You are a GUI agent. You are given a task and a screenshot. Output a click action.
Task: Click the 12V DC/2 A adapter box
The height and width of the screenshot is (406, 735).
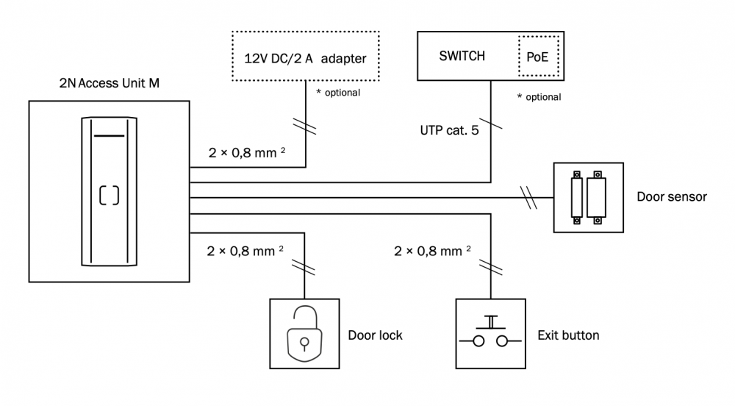(305, 57)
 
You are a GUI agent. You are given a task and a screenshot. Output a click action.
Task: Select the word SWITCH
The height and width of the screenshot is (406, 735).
(462, 56)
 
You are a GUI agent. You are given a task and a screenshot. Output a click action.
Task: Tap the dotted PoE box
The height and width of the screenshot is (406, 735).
(537, 57)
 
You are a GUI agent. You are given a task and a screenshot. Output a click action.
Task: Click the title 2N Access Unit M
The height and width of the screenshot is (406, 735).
(110, 84)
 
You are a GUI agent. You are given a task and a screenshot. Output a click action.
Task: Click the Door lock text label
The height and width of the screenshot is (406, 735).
(375, 335)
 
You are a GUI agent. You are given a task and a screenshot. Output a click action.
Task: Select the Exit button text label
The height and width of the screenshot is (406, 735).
(568, 335)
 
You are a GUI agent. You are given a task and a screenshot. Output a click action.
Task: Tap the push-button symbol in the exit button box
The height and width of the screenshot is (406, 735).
(491, 335)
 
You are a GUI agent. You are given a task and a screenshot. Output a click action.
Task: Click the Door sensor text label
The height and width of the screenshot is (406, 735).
(671, 197)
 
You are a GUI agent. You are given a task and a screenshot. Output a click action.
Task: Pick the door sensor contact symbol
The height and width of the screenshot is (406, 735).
(588, 197)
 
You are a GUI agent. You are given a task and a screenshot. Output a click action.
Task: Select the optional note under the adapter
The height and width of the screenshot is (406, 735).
(337, 93)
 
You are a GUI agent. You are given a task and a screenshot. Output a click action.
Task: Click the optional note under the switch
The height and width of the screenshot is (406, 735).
(539, 97)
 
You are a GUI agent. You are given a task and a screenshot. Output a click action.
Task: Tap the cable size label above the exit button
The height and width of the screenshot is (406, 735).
(432, 252)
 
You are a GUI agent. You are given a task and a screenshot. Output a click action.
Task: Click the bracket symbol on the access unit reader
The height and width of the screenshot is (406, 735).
(109, 195)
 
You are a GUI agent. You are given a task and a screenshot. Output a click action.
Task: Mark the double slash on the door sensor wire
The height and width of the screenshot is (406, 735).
(528, 197)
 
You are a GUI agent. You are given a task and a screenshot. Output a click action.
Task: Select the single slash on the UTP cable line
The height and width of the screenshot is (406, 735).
(490, 124)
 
